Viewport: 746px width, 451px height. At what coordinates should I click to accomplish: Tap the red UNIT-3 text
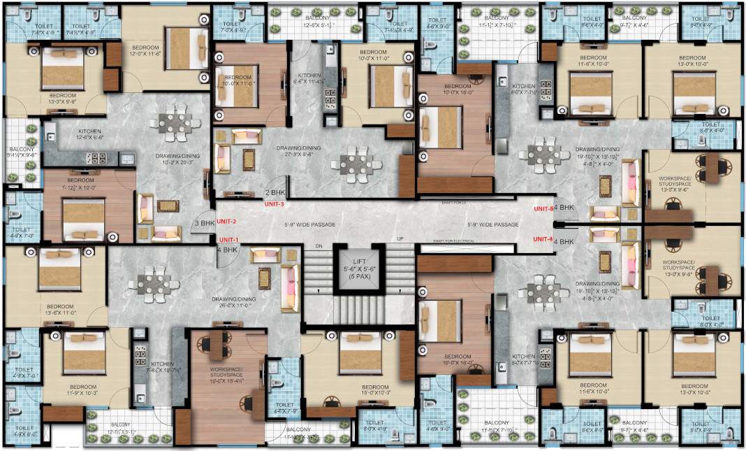pyautogui.click(x=273, y=204)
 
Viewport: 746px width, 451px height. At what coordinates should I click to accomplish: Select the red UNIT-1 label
pyautogui.click(x=228, y=239)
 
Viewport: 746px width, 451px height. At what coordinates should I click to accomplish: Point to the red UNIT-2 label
pyautogui.click(x=228, y=221)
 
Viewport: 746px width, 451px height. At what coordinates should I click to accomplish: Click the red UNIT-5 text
pyautogui.click(x=543, y=208)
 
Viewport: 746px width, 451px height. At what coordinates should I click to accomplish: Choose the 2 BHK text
pyautogui.click(x=275, y=192)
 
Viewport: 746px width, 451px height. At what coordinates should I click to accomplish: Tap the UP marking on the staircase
pyautogui.click(x=400, y=239)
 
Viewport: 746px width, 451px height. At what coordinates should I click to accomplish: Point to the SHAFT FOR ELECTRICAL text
pyautogui.click(x=453, y=241)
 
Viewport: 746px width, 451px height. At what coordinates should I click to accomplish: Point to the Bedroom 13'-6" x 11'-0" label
pyautogui.click(x=59, y=310)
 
